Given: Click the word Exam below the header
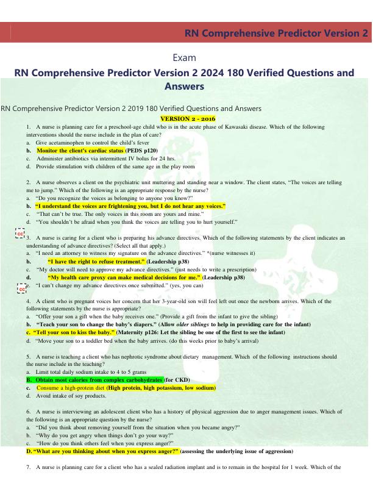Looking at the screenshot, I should click(186, 57).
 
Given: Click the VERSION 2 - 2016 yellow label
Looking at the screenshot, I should click(187, 118).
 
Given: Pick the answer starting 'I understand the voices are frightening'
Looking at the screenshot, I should click(130, 206).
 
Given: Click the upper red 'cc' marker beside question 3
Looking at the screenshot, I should click(20, 233).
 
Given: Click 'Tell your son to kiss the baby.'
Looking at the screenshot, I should click(72, 333).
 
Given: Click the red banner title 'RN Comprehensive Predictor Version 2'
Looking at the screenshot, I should click(277, 33).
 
